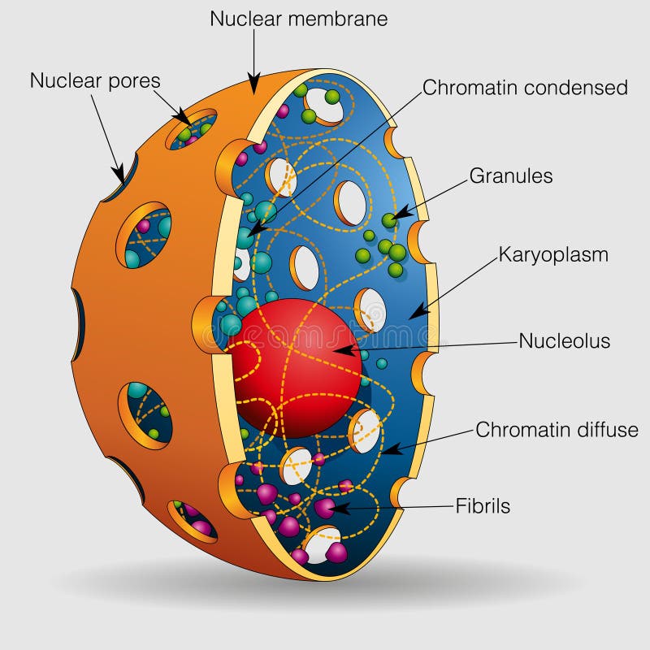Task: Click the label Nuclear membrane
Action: click(298, 18)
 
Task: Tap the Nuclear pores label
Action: click(95, 80)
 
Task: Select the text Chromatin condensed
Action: click(525, 87)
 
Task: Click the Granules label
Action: click(511, 175)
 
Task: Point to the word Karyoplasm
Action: click(552, 255)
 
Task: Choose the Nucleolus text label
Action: click(564, 341)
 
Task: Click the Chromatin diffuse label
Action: click(557, 430)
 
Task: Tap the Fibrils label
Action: click(483, 505)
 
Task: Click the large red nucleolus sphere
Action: click(297, 366)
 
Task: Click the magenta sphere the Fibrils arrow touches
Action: click(326, 509)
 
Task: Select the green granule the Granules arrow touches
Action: click(390, 220)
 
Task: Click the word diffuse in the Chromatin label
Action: click(604, 430)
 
